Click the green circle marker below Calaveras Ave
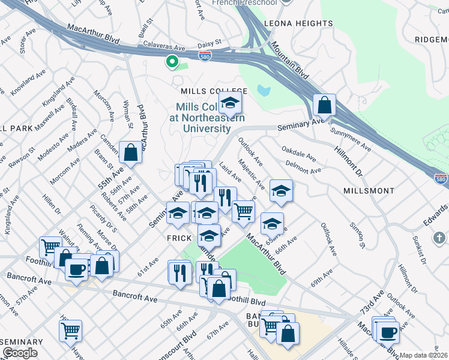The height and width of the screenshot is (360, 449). pyautogui.click(x=172, y=61)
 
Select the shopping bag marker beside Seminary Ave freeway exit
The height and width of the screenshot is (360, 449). pyautogui.click(x=324, y=105)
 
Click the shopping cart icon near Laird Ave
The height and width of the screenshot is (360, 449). pyautogui.click(x=243, y=211)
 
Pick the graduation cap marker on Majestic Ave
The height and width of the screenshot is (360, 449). pyautogui.click(x=280, y=191)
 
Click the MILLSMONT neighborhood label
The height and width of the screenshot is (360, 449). pyautogui.click(x=369, y=190)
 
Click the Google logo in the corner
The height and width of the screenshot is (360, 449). pyautogui.click(x=20, y=353)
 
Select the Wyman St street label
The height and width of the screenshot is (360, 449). pyautogui.click(x=128, y=113)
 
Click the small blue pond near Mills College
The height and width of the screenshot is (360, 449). pyautogui.click(x=263, y=90)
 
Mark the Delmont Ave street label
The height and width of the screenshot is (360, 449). pyautogui.click(x=304, y=167)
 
